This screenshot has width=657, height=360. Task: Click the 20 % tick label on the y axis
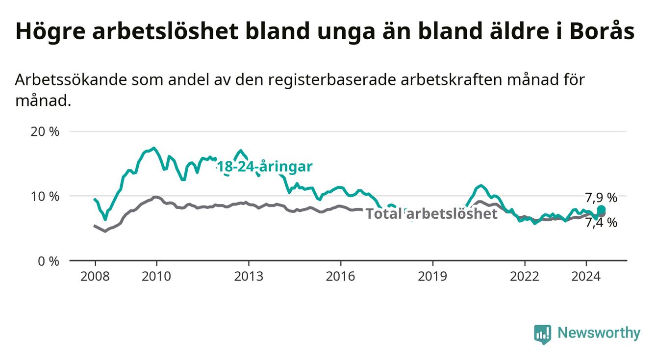pyautogui.click(x=45, y=132)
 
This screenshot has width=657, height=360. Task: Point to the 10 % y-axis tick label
pyautogui.click(x=45, y=196)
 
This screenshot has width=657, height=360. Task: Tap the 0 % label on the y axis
pyautogui.click(x=49, y=261)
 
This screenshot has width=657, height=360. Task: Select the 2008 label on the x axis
pyautogui.click(x=95, y=277)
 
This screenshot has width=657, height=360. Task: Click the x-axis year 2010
pyautogui.click(x=156, y=277)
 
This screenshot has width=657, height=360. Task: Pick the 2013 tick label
pyautogui.click(x=249, y=277)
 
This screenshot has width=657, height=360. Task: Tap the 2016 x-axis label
pyautogui.click(x=341, y=277)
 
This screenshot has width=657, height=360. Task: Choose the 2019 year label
pyautogui.click(x=432, y=277)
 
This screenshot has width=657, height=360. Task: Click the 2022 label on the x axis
pyautogui.click(x=525, y=277)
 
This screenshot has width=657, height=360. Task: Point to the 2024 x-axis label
pyautogui.click(x=586, y=277)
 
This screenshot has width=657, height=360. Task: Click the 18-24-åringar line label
pyautogui.click(x=265, y=167)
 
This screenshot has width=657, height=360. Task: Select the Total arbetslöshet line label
pyautogui.click(x=432, y=213)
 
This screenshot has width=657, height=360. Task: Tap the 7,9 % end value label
pyautogui.click(x=601, y=198)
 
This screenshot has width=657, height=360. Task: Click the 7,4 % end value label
pyautogui.click(x=601, y=223)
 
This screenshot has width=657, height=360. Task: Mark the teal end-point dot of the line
pyautogui.click(x=601, y=209)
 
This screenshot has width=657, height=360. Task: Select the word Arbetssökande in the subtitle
pyautogui.click(x=71, y=79)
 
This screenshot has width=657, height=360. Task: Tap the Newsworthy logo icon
pyautogui.click(x=543, y=334)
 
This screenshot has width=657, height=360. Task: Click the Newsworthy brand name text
pyautogui.click(x=599, y=333)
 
